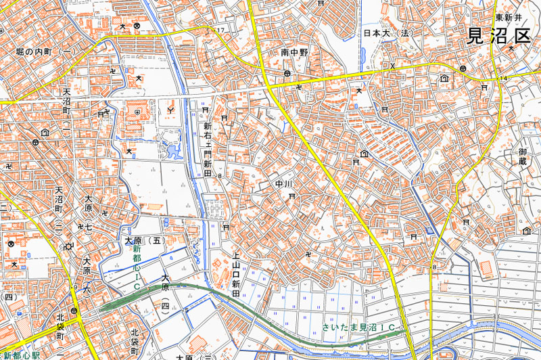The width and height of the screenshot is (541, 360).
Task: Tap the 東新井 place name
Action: [x=509, y=18]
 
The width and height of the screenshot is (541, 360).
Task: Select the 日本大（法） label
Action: [x=387, y=32]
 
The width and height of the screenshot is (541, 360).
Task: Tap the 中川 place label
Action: [x=283, y=183]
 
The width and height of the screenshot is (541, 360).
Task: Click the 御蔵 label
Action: [x=522, y=156]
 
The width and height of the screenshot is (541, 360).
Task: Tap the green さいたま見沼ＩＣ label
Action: [x=358, y=328]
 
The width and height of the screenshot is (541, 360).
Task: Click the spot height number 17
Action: [x=220, y=31]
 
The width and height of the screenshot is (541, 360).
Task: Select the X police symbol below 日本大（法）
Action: [x=392, y=66]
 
